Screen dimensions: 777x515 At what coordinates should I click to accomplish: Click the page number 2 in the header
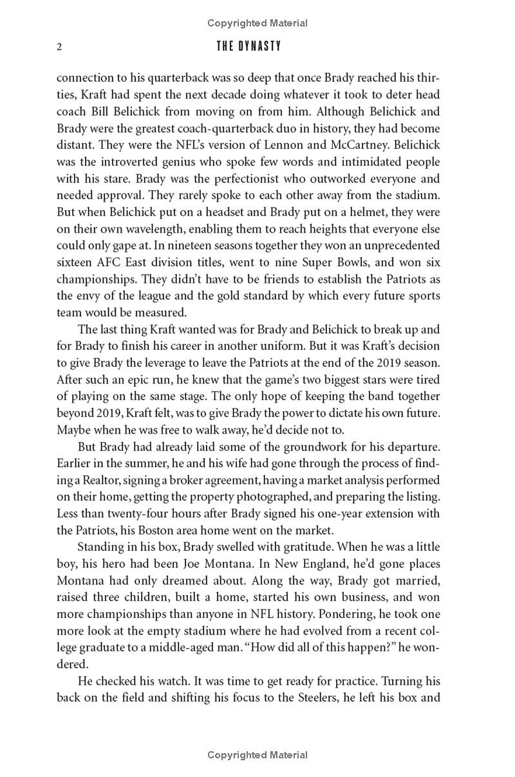pyautogui.click(x=59, y=47)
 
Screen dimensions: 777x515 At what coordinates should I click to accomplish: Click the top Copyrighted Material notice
pyautogui.click(x=257, y=23)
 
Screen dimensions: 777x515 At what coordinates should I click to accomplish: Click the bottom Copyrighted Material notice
pyautogui.click(x=257, y=755)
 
